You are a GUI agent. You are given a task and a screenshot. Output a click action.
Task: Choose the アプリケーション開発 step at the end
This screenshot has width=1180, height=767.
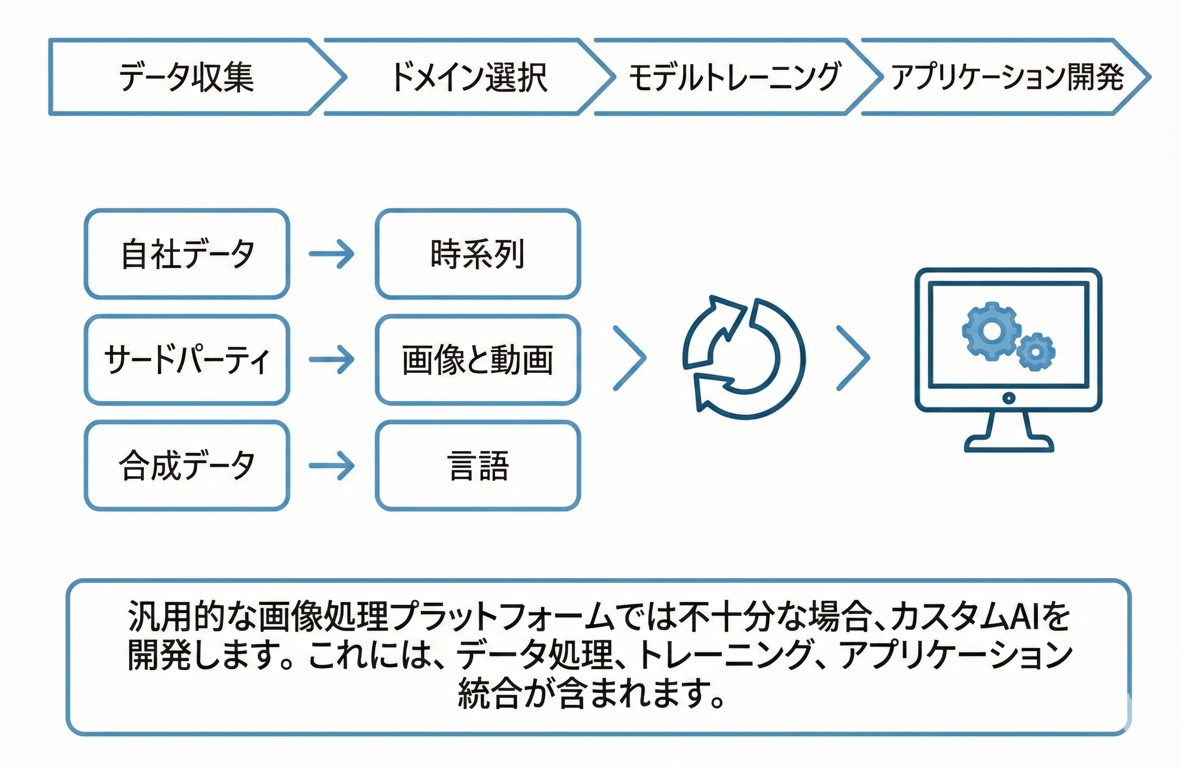coord(1007,77)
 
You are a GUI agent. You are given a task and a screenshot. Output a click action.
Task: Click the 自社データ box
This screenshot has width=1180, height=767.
coord(187,254)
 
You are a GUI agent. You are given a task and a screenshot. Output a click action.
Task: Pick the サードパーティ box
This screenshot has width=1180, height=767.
coord(187,360)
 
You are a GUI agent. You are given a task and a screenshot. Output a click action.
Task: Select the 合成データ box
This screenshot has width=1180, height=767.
coord(187,466)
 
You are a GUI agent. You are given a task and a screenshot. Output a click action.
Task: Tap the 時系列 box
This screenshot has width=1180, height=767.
coord(478,254)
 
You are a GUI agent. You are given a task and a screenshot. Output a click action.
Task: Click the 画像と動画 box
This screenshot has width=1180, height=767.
coord(478,360)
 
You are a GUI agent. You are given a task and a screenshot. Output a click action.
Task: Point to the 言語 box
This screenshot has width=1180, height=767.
coord(478,466)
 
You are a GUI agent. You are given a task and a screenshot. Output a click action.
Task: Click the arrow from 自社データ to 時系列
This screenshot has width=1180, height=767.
coord(332,254)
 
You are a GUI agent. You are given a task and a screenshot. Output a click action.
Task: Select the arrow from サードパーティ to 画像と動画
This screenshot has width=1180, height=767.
coord(332,359)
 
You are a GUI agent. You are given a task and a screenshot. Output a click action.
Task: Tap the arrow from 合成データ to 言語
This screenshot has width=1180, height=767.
coord(332,466)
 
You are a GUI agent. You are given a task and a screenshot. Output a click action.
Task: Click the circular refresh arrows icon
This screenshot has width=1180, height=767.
coord(743,358)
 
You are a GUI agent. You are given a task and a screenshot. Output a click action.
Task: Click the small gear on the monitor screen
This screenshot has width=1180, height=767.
coord(1036,353)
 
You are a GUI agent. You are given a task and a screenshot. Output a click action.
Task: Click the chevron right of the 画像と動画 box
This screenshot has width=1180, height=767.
coord(630,358)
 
